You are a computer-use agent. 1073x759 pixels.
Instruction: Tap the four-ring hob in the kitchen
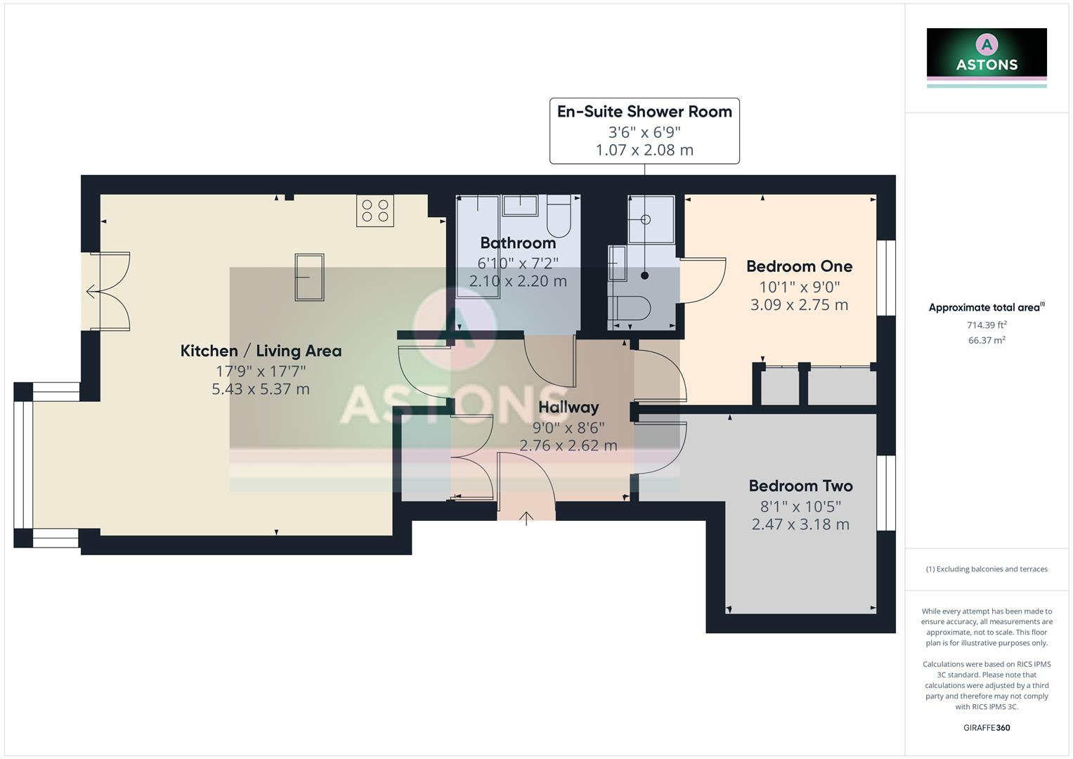click(x=375, y=210)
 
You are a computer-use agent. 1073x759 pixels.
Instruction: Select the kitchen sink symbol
click(x=309, y=277)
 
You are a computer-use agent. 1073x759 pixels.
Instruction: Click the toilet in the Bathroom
click(x=559, y=216)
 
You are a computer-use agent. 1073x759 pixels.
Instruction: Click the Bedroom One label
click(x=799, y=266)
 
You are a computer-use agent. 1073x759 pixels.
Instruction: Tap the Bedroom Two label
click(x=800, y=486)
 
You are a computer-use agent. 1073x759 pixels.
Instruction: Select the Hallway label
click(x=568, y=407)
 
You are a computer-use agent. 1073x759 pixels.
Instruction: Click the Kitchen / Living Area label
click(x=261, y=351)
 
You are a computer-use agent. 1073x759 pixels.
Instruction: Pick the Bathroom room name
click(x=518, y=243)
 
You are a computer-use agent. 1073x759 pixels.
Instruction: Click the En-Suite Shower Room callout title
click(x=644, y=112)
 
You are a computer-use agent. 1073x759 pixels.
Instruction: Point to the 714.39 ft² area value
click(x=987, y=325)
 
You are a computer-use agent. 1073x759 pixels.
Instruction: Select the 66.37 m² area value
click(x=987, y=340)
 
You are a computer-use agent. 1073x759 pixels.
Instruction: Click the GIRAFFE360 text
click(x=987, y=727)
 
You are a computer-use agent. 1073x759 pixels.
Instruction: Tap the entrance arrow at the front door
click(x=526, y=519)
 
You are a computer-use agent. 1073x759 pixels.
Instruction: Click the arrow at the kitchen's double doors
click(x=91, y=291)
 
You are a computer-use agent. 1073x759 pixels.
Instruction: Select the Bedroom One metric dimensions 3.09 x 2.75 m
click(x=799, y=305)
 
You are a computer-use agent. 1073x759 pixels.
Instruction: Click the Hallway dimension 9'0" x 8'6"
click(x=568, y=427)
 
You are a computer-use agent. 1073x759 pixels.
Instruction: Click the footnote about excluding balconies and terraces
click(x=987, y=569)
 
